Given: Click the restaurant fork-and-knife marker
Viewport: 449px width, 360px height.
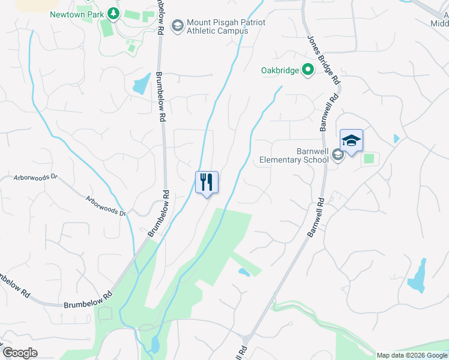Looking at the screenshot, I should tap(206, 182).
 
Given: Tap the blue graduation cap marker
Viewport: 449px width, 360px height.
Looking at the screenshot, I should tap(351, 141).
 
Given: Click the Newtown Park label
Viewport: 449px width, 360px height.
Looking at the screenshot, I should tap(76, 14).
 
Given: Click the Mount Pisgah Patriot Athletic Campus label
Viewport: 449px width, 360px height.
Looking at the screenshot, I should tap(217, 26).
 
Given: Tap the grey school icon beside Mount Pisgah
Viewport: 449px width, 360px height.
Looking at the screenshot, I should tap(177, 26).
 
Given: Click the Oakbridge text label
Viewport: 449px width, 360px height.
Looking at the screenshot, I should tap(280, 71).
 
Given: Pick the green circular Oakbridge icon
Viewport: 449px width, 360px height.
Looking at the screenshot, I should tap(308, 70).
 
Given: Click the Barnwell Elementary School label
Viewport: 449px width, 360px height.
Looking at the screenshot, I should tap(294, 156).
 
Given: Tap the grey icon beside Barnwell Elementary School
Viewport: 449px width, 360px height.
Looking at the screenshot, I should tap(338, 156).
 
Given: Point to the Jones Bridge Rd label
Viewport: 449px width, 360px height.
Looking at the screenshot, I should tap(324, 60).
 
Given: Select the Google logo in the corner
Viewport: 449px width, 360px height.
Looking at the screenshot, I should tap(20, 353).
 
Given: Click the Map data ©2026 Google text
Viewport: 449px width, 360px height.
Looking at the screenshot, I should tap(412, 355).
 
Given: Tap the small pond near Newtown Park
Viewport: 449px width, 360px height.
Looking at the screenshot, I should tap(142, 84).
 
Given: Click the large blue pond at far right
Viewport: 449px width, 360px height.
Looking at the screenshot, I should tap(417, 278).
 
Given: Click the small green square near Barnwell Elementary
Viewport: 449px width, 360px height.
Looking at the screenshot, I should tap(369, 158).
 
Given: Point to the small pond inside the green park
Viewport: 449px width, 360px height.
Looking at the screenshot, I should tap(244, 272).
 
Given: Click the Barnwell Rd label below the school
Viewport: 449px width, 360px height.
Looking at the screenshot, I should tap(316, 217).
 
